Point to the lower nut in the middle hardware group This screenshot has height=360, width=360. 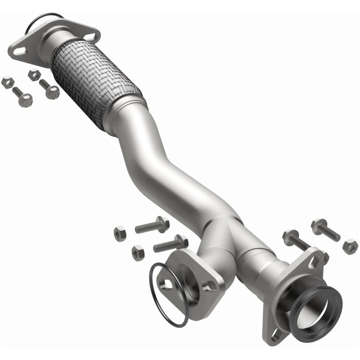[x=138, y=252]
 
